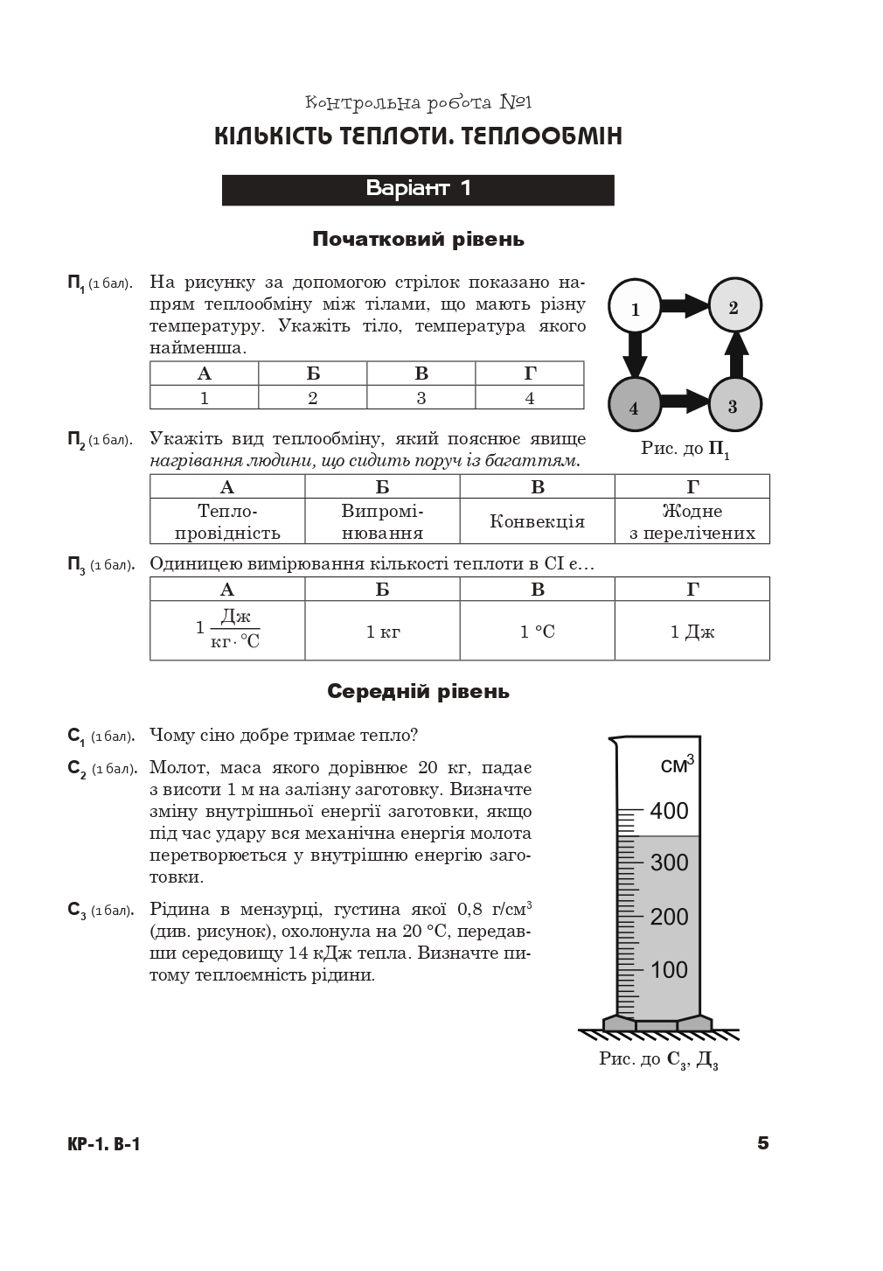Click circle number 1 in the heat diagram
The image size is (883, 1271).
coord(636,307)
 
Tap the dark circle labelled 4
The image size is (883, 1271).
coord(635,406)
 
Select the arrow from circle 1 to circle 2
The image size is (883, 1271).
coord(685,306)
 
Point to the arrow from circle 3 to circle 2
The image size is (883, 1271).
coord(736,354)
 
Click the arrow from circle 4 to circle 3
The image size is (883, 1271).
coord(685,403)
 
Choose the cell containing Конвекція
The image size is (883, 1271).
coord(537,521)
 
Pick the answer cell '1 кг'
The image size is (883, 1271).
coord(383,631)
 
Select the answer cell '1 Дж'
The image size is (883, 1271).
coord(692,631)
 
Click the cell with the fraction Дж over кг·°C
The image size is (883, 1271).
coord(227,631)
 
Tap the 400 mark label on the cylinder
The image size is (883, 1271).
coord(669,810)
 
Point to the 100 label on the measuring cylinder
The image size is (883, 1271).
coord(669,969)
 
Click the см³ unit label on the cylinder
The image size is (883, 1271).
coord(677,765)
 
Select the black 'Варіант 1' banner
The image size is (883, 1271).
coord(418,190)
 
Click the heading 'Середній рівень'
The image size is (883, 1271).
coord(418,691)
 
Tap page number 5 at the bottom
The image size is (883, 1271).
coord(762,1143)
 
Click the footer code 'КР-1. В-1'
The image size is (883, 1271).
coord(103,1144)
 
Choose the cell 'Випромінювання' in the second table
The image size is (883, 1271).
coord(382,521)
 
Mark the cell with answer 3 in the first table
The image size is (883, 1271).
coord(421,397)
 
